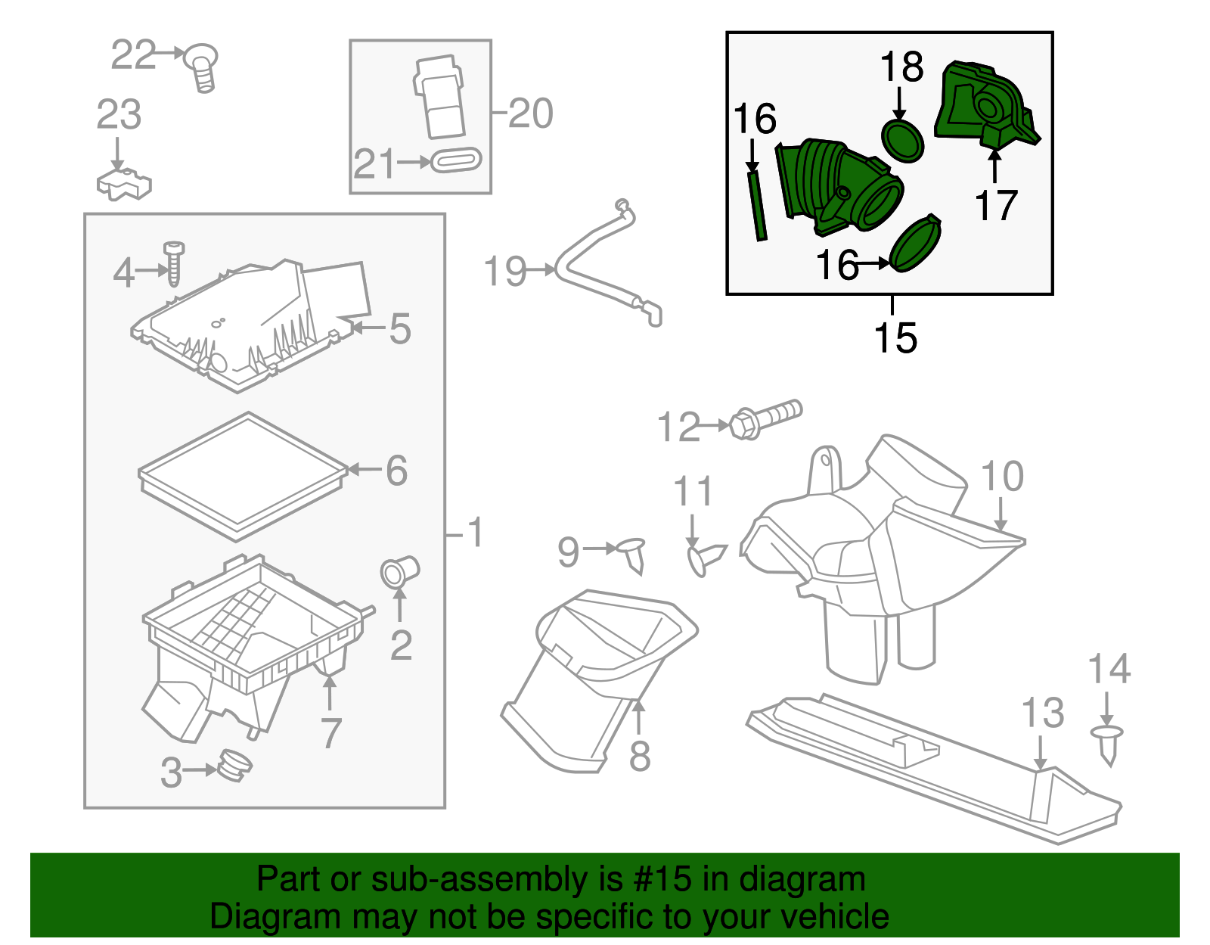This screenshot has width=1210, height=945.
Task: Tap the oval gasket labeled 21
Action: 455,161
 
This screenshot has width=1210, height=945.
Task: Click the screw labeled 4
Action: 174,264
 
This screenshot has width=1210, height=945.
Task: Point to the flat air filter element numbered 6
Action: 242,476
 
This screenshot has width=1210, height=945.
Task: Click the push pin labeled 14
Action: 1108,742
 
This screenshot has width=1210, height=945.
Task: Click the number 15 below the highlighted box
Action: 895,337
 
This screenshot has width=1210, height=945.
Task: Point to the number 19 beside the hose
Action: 505,271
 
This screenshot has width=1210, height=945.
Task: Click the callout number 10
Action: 1002,476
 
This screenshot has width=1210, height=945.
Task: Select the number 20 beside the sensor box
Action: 531,113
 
